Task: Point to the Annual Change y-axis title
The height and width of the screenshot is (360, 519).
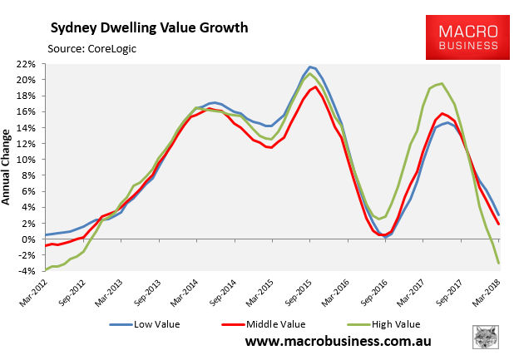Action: tap(7, 166)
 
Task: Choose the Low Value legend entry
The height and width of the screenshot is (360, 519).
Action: tap(151, 324)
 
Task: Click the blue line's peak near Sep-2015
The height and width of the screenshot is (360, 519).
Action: tap(310, 67)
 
